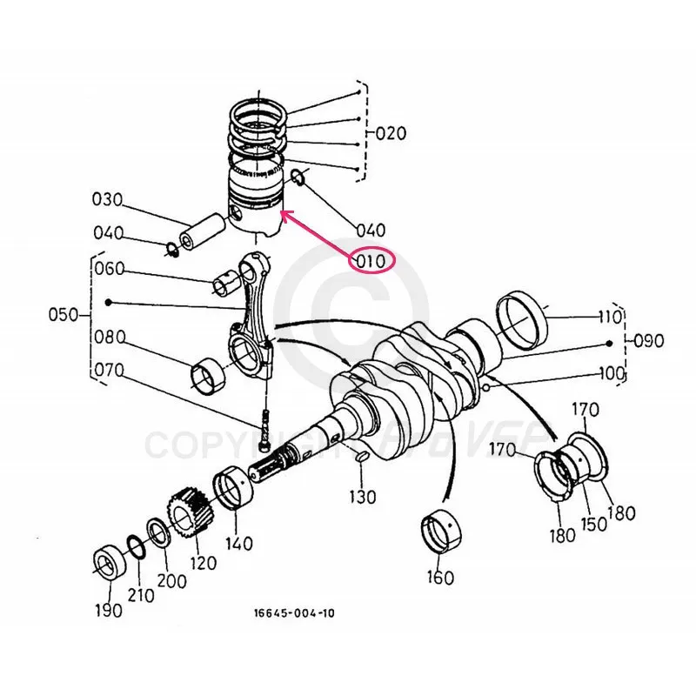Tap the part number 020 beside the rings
[x=391, y=134]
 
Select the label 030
[x=107, y=199]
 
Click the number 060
[x=110, y=269]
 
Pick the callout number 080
[x=110, y=336]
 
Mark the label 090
[x=648, y=340]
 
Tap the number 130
[x=363, y=497]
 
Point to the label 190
[x=109, y=610]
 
